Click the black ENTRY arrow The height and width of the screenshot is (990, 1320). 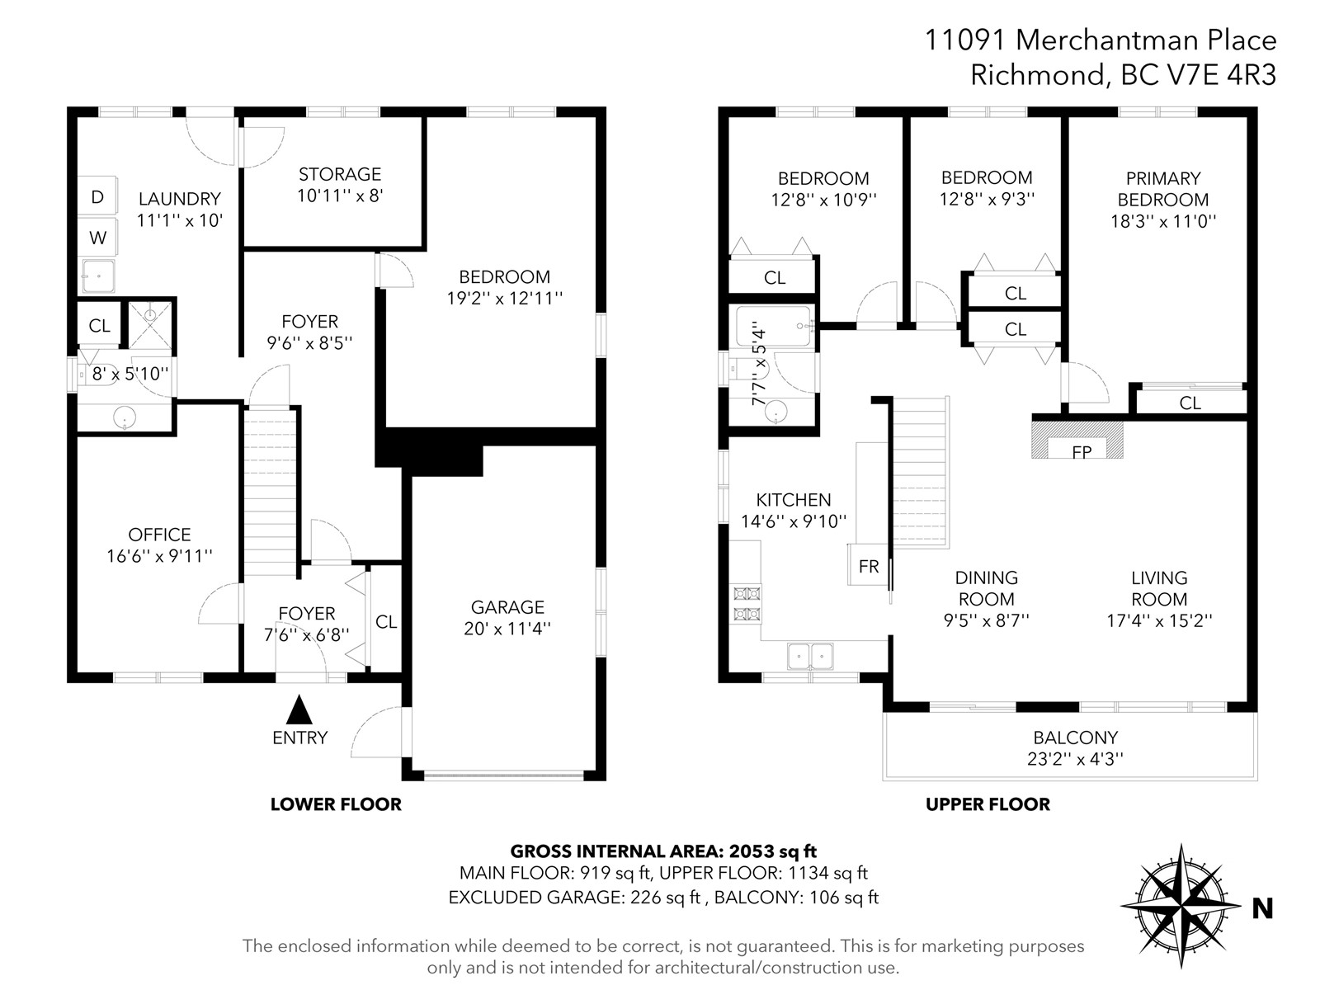[x=299, y=709]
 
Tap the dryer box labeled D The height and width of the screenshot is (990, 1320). [x=97, y=196]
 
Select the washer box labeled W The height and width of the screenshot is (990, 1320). [x=97, y=238]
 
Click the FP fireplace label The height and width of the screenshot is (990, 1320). [x=1082, y=451]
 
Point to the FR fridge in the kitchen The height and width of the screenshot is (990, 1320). [x=868, y=565]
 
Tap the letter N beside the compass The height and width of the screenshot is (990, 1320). [x=1263, y=908]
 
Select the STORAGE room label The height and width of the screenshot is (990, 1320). [x=340, y=174]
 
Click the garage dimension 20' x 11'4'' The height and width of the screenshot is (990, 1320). [x=507, y=629]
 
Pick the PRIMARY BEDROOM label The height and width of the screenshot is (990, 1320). [x=1163, y=189]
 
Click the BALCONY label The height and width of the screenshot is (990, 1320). [x=1075, y=738]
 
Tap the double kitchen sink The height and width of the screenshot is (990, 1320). [x=811, y=657]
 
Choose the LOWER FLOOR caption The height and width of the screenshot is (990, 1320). [x=336, y=804]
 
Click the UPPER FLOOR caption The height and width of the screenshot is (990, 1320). [x=988, y=804]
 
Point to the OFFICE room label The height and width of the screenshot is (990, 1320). [x=159, y=535]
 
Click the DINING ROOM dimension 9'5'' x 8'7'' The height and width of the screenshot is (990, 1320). [x=986, y=620]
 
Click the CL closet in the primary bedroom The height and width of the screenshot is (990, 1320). [x=1190, y=403]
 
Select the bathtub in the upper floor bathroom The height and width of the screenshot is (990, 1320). [x=773, y=326]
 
